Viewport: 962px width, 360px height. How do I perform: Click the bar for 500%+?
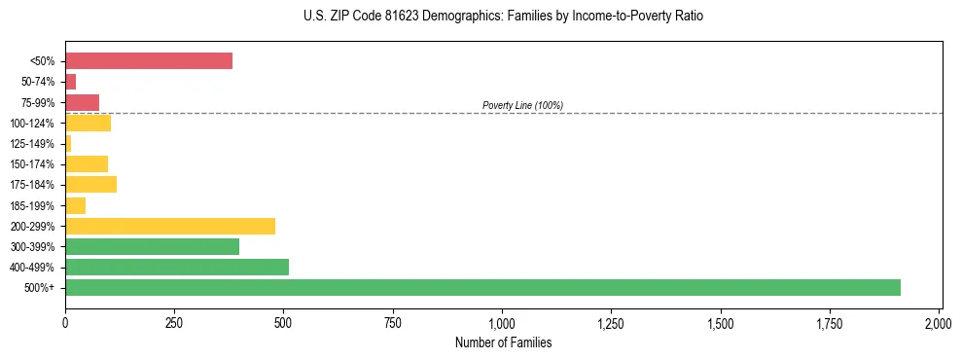click(482, 287)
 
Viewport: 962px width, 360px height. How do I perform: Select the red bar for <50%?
click(149, 61)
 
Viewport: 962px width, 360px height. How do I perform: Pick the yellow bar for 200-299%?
click(170, 226)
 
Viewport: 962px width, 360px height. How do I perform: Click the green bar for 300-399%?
click(152, 246)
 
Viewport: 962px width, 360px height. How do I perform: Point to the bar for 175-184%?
click(90, 184)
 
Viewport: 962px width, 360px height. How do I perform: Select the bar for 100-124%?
click(88, 123)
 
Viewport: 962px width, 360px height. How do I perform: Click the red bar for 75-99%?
click(82, 102)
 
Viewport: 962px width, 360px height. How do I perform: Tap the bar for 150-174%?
click(87, 163)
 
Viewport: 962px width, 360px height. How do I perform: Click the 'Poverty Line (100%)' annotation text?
click(522, 105)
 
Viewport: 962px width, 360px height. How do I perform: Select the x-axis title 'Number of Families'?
click(503, 342)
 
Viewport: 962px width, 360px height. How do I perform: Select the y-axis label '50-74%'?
click(39, 82)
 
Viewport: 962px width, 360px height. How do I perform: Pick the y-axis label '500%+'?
click(41, 287)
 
